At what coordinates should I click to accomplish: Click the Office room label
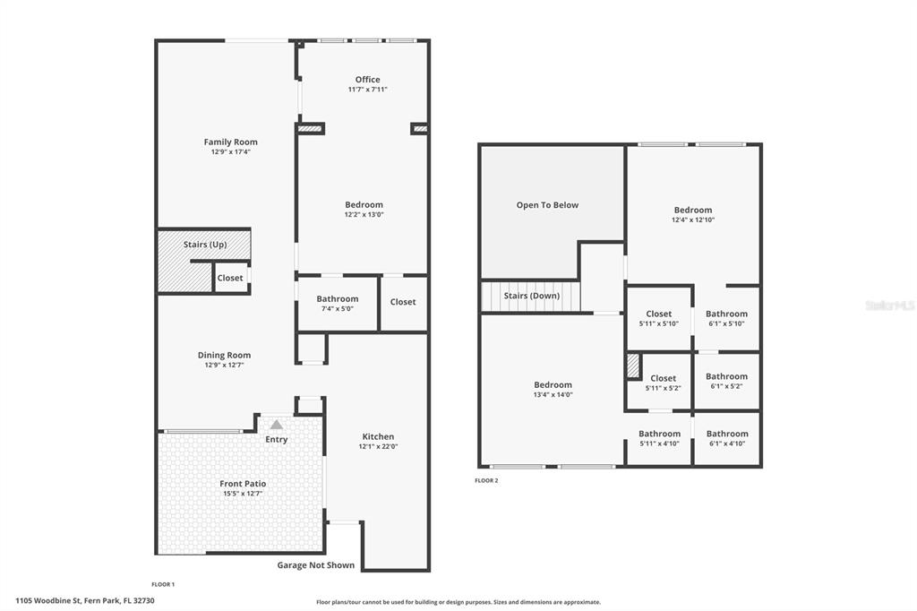coord(367,80)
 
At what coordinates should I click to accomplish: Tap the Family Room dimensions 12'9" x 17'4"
coord(231,151)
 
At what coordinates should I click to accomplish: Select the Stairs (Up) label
coord(205,245)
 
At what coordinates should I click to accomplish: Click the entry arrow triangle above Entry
coord(277,425)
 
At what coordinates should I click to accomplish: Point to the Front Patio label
coord(243,484)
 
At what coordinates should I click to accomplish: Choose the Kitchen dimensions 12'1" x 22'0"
coord(379,446)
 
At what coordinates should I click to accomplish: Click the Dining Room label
coord(224,356)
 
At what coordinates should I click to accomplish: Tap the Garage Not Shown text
coord(316,565)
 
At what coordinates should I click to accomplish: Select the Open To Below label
coord(547,205)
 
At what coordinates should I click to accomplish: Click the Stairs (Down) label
coord(532,297)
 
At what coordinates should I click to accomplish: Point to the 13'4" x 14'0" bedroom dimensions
coord(553,395)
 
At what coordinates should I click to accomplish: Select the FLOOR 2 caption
coord(486,480)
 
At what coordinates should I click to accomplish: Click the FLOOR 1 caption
coord(163,584)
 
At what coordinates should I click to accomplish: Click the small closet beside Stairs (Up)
coord(230,278)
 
